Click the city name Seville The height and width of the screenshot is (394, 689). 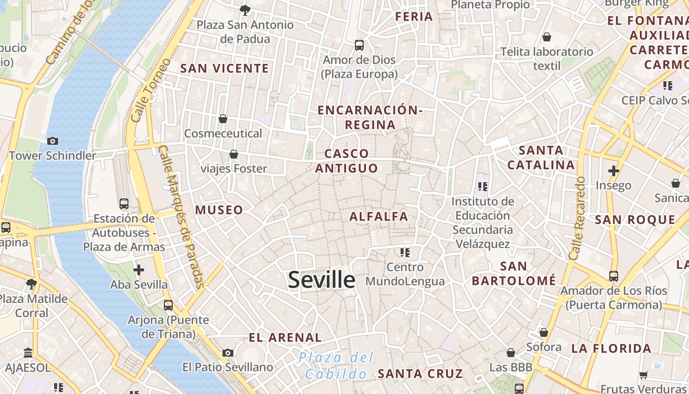coord(321,280)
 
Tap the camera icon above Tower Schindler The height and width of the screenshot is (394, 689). coord(53,141)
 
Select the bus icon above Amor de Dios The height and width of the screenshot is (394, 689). coord(359,45)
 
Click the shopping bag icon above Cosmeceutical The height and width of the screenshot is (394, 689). coord(223,119)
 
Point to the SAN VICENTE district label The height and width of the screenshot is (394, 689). coord(224,68)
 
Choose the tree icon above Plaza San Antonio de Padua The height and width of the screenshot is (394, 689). coord(245,10)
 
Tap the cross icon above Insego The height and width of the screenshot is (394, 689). coord(613,171)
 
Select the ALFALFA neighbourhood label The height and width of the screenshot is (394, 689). coord(379,216)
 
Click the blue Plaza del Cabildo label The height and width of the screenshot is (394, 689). coord(336,366)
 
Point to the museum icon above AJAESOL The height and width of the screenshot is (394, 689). coord(28,353)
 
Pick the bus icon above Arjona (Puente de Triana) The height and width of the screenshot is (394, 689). coord(168,305)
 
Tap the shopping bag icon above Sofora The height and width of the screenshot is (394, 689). coord(544,332)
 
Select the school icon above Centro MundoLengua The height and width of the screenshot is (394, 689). coord(405,253)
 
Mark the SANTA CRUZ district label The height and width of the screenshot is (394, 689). coord(420,374)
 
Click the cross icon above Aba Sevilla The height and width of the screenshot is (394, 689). coord(139,270)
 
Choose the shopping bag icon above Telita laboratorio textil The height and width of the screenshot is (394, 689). coord(546,37)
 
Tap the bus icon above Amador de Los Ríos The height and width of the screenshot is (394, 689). coord(614,276)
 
